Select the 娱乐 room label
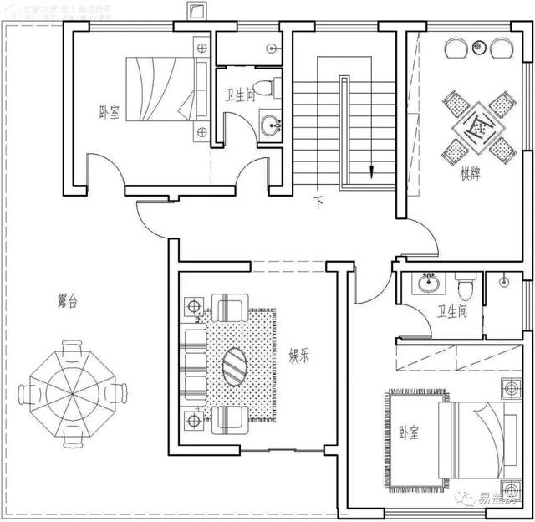[299, 356]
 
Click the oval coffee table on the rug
[235, 366]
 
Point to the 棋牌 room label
[470, 175]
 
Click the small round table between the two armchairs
[479, 46]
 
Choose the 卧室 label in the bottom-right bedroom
[408, 432]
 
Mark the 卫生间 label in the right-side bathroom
[452, 312]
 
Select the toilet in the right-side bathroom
[466, 287]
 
